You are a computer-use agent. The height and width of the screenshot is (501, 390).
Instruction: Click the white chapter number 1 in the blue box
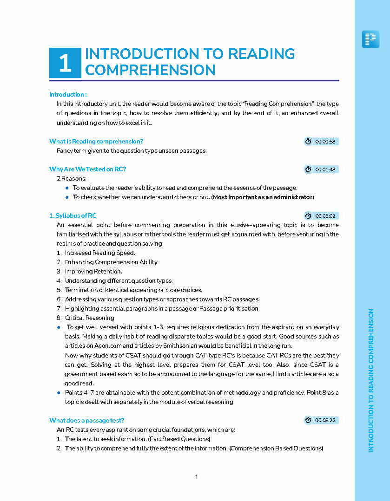tap(65, 63)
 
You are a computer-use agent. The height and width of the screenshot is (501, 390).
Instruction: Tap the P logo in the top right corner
tap(370, 39)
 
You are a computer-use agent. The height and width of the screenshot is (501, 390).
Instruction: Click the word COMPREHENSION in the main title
tap(150, 70)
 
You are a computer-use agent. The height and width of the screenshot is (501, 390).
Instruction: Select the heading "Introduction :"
tap(68, 94)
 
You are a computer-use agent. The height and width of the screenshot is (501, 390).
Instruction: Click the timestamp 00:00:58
tap(325, 142)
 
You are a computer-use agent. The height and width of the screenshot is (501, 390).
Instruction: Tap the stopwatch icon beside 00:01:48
tap(308, 169)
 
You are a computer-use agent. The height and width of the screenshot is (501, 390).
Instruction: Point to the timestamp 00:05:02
tap(325, 216)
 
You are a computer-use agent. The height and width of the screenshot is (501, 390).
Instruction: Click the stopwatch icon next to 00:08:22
tap(308, 420)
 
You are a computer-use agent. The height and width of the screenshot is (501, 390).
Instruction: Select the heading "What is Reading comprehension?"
tap(96, 141)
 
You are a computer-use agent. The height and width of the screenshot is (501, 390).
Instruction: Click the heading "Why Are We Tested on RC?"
tap(87, 169)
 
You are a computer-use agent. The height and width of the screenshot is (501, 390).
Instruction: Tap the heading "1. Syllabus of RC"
tap(73, 215)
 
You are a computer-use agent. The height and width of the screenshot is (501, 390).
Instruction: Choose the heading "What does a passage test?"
tap(86, 420)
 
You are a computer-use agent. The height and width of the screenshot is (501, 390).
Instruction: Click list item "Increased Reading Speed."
tap(100, 253)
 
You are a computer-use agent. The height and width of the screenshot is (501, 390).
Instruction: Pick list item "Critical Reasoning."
tap(90, 318)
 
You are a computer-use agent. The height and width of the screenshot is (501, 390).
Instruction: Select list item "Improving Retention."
tap(93, 272)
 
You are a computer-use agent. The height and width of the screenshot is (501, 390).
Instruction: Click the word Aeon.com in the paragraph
tap(99, 346)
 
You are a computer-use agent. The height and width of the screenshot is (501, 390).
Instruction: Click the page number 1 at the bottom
tap(197, 477)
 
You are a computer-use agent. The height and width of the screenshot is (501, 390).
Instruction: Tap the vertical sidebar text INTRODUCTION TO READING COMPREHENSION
tap(371, 381)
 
